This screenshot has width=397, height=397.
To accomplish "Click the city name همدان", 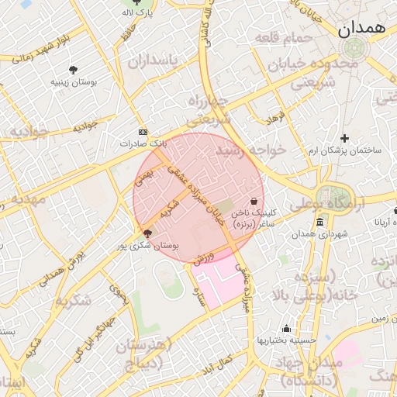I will (x=361, y=29).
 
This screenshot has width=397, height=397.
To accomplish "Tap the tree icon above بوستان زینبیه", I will (x=74, y=69).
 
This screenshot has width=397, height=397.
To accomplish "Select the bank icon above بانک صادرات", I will (x=142, y=132).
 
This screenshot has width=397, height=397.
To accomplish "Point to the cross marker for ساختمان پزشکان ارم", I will (x=344, y=138).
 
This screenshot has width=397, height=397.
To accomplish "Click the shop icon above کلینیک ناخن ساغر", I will (x=254, y=201).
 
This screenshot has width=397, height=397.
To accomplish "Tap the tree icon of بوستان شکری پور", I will (x=148, y=233).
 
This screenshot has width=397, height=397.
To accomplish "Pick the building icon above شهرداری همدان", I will (x=319, y=223).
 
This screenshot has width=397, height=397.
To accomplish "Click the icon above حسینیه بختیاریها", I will (x=286, y=328).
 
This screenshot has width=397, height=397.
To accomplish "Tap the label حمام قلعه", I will (x=292, y=38).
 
